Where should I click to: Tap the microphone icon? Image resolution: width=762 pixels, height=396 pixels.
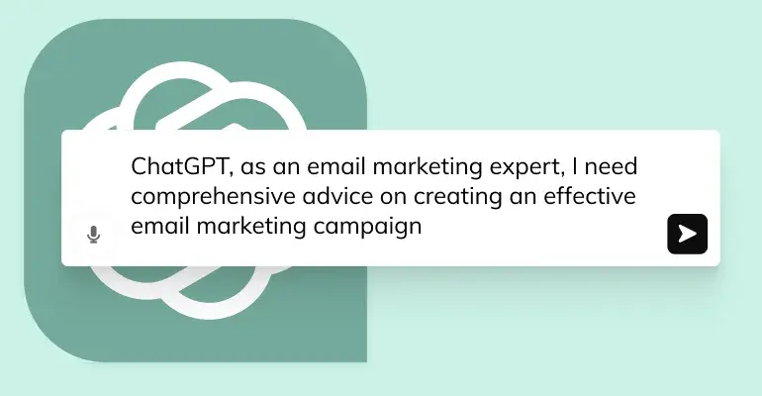[x=93, y=235]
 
